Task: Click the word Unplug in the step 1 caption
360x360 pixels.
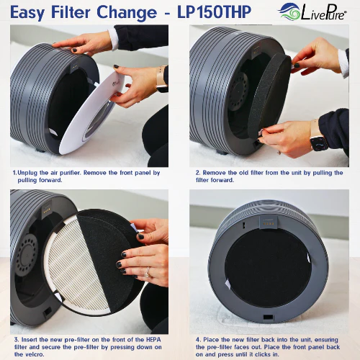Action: (x=27, y=174)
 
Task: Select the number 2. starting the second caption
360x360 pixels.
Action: (x=197, y=174)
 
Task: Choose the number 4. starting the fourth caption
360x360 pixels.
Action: (x=197, y=338)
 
